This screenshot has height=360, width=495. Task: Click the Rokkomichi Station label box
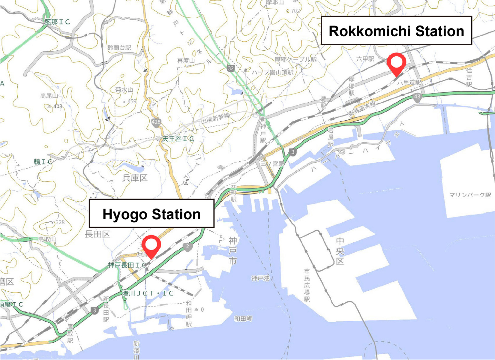tap(396, 31)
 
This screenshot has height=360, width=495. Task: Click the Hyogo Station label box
tap(151, 214)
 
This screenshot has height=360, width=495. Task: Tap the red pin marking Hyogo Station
tap(151, 244)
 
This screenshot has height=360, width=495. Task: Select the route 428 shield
tap(156, 122)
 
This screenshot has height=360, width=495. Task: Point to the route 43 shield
tap(417, 97)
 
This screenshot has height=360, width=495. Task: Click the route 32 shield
tap(230, 68)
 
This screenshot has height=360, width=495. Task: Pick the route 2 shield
tap(187, 247)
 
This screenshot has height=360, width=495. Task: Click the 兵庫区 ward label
tap(135, 178)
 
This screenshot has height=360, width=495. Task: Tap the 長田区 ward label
tap(97, 234)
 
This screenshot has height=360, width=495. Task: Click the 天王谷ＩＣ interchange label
tap(178, 139)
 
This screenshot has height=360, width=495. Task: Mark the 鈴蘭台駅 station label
tap(119, 48)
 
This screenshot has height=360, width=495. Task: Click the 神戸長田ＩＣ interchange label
tap(127, 265)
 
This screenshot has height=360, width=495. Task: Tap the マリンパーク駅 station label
tap(470, 195)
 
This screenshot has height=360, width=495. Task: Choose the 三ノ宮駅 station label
tap(272, 163)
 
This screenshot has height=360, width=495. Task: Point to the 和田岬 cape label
tap(243, 319)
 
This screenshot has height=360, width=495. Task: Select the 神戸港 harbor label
tap(260, 278)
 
